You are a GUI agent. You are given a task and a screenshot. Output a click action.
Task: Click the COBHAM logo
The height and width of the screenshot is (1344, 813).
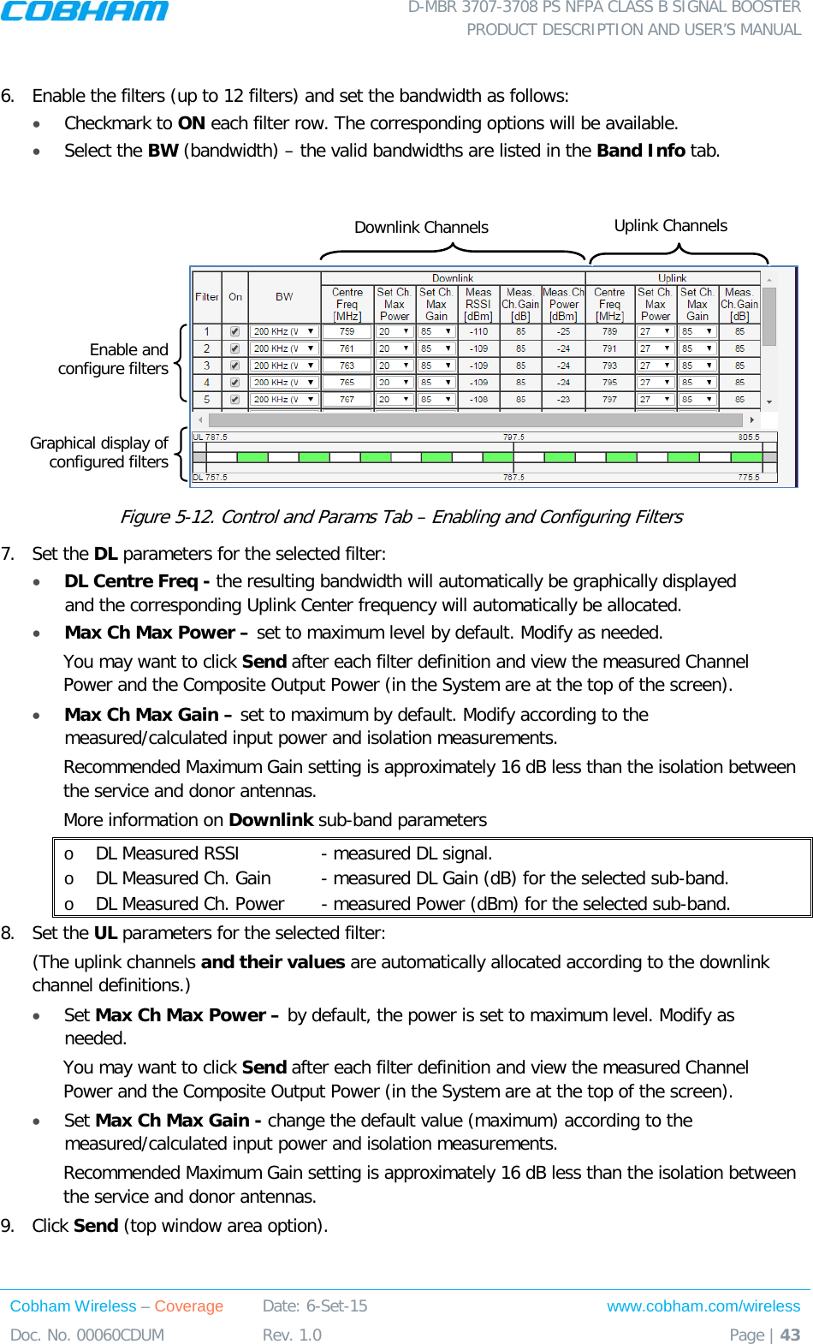click(84, 11)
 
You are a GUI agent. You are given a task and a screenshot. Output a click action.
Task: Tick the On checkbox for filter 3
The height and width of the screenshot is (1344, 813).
click(234, 366)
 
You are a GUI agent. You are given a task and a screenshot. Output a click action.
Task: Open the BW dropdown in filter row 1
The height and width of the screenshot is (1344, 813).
click(310, 331)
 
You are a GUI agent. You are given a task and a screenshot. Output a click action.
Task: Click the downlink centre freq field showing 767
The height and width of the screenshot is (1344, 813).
click(347, 400)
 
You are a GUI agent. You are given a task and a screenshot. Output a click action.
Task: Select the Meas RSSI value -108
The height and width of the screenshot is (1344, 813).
click(478, 400)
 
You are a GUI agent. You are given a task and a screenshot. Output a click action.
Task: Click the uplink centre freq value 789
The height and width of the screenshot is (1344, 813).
click(609, 331)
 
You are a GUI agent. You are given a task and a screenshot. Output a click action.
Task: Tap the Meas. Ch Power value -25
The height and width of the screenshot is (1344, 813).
click(563, 331)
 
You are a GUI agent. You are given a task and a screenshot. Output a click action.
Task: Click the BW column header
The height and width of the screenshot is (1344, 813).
click(284, 297)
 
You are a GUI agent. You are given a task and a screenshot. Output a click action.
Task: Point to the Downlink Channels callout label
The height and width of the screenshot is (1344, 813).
click(421, 228)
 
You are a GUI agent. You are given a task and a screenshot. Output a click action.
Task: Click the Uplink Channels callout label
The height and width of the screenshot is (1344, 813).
click(670, 226)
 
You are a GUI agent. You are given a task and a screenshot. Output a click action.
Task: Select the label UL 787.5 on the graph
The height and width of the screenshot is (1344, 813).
click(211, 437)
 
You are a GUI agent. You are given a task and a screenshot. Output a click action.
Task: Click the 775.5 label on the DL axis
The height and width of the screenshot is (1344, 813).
click(749, 478)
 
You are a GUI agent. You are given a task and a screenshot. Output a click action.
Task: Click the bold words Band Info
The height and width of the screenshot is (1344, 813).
click(640, 151)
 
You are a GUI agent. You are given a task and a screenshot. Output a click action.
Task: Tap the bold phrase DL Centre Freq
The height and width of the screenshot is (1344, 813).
click(136, 581)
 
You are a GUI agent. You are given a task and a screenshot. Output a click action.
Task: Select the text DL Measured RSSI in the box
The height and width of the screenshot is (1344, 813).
click(167, 853)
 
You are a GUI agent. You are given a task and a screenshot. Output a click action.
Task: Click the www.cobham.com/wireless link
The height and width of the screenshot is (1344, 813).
click(703, 1306)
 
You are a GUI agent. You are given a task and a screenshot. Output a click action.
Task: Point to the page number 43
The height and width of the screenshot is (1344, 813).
click(790, 1335)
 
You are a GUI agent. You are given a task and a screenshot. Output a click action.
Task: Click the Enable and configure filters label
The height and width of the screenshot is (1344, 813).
click(113, 360)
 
